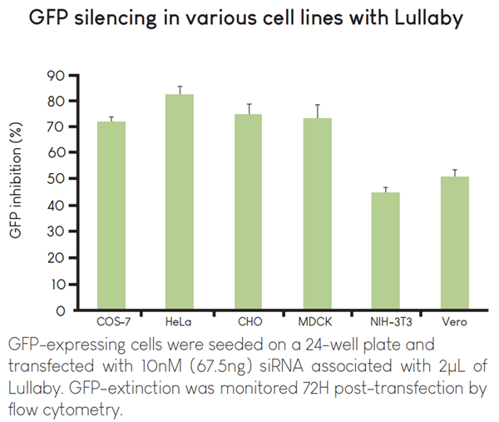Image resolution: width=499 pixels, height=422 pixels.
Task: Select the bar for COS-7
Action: pos(111,216)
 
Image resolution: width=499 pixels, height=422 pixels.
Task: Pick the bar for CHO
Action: pos(249,212)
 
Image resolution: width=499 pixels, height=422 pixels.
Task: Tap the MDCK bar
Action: pos(317,214)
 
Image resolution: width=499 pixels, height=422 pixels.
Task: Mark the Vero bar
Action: pos(454,243)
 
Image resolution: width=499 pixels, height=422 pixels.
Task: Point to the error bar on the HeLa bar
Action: pos(180,90)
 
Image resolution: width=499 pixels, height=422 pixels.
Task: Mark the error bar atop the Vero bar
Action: pos(454,172)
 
